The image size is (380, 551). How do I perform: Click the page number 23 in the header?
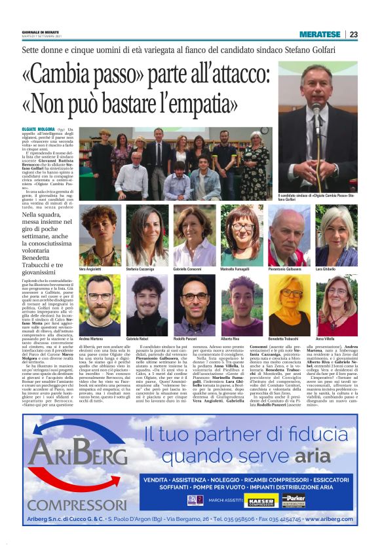[354, 34]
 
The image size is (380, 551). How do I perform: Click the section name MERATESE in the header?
[320, 34]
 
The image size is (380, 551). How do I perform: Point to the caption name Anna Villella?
[326, 340]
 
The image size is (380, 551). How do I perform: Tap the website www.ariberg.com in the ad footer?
[330, 519]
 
